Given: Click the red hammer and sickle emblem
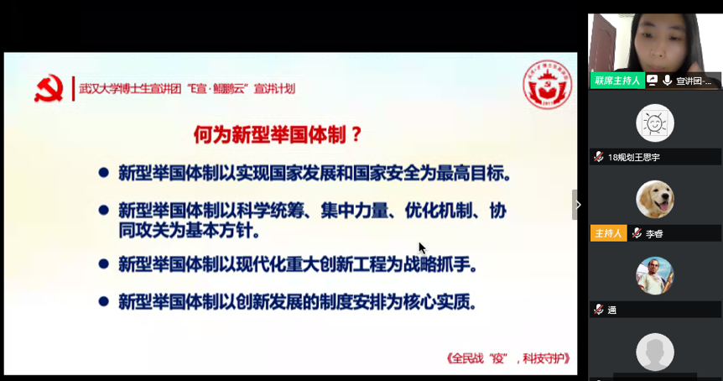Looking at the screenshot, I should [x=49, y=88].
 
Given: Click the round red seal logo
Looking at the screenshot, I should [x=547, y=85].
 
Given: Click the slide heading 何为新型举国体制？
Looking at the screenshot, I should [x=278, y=133].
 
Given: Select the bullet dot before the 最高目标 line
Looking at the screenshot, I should [x=104, y=173].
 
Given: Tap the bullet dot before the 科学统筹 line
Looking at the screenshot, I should [x=104, y=208].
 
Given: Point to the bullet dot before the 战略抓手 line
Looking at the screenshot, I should [x=104, y=264].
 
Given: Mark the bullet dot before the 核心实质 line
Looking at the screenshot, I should [x=104, y=300].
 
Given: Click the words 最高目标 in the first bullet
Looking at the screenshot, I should [x=476, y=174].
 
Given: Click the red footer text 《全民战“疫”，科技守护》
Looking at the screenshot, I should [x=509, y=358].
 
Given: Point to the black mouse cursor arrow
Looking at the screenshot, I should [x=422, y=248].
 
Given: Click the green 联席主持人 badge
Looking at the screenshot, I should [x=616, y=81].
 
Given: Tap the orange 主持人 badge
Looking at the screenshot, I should [x=609, y=233].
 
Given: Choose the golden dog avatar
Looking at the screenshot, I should [x=655, y=200].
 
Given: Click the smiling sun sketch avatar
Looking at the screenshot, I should [x=655, y=123].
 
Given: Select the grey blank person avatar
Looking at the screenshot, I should [x=655, y=352].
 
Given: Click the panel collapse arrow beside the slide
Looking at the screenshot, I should [x=578, y=204].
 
